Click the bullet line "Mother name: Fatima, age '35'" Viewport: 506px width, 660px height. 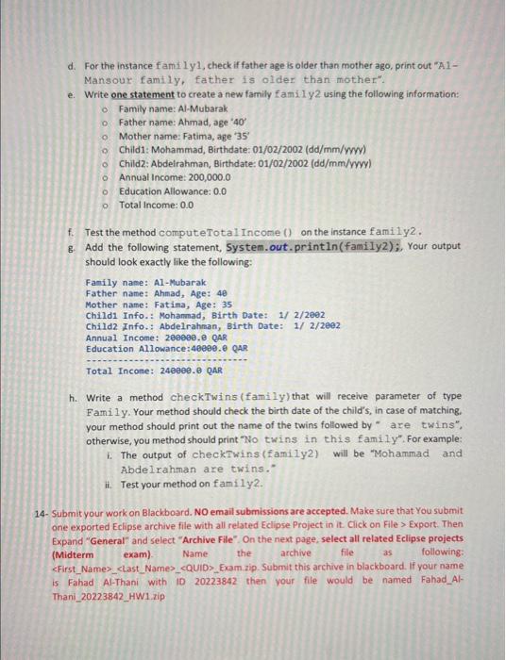point(177,136)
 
